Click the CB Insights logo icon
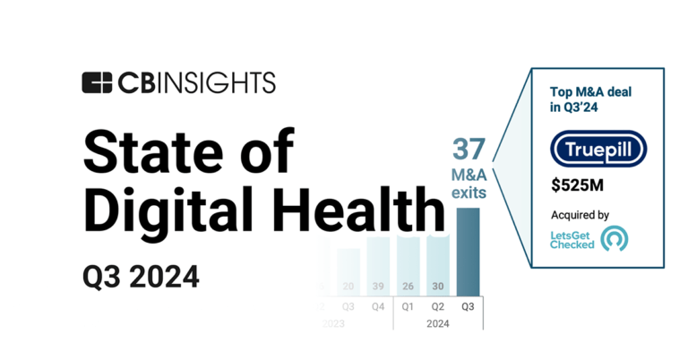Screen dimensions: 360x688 point(97,83)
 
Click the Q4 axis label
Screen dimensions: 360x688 point(378,305)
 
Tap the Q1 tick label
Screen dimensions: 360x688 point(408,305)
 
